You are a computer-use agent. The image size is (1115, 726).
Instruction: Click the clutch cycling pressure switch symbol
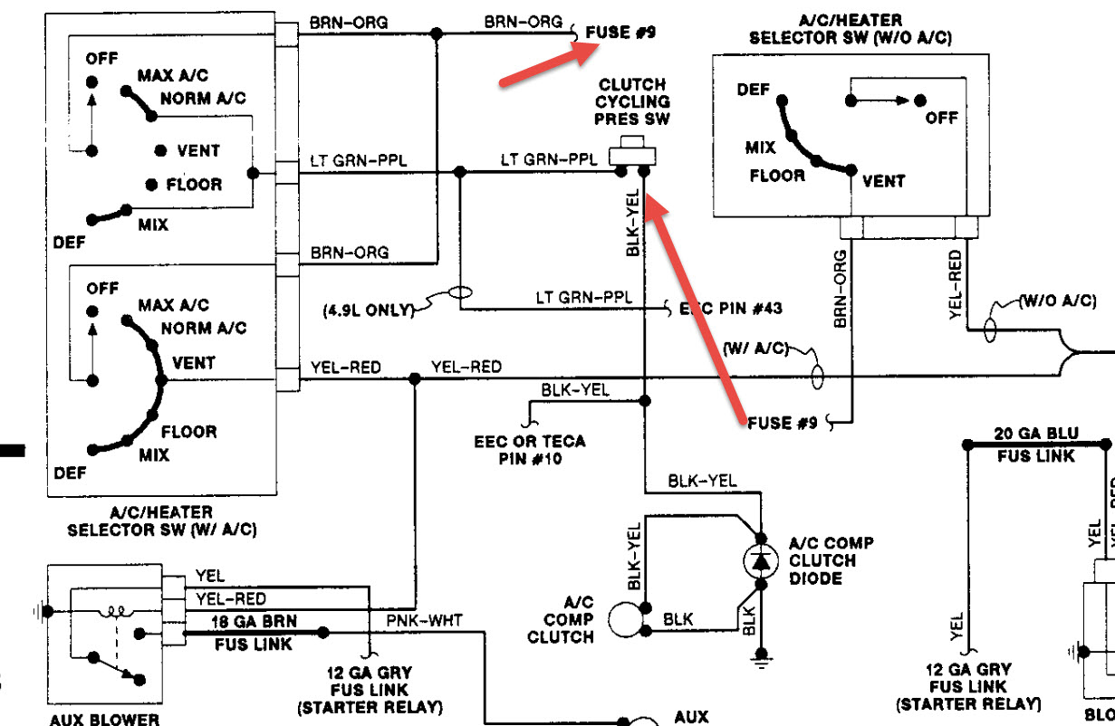631,152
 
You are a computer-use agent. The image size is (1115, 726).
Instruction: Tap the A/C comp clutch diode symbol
760,562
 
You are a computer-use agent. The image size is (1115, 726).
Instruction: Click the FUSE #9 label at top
620,33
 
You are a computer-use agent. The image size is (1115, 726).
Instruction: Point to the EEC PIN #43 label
730,309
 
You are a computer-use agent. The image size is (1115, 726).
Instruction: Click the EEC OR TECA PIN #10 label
530,450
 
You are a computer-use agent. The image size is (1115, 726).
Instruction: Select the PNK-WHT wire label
423,620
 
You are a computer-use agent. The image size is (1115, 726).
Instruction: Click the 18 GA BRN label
241,621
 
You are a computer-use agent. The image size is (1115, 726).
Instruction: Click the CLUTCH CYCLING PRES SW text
632,101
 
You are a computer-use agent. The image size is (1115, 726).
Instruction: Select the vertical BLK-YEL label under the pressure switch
633,223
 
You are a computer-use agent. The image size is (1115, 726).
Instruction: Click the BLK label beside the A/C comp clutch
678,620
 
